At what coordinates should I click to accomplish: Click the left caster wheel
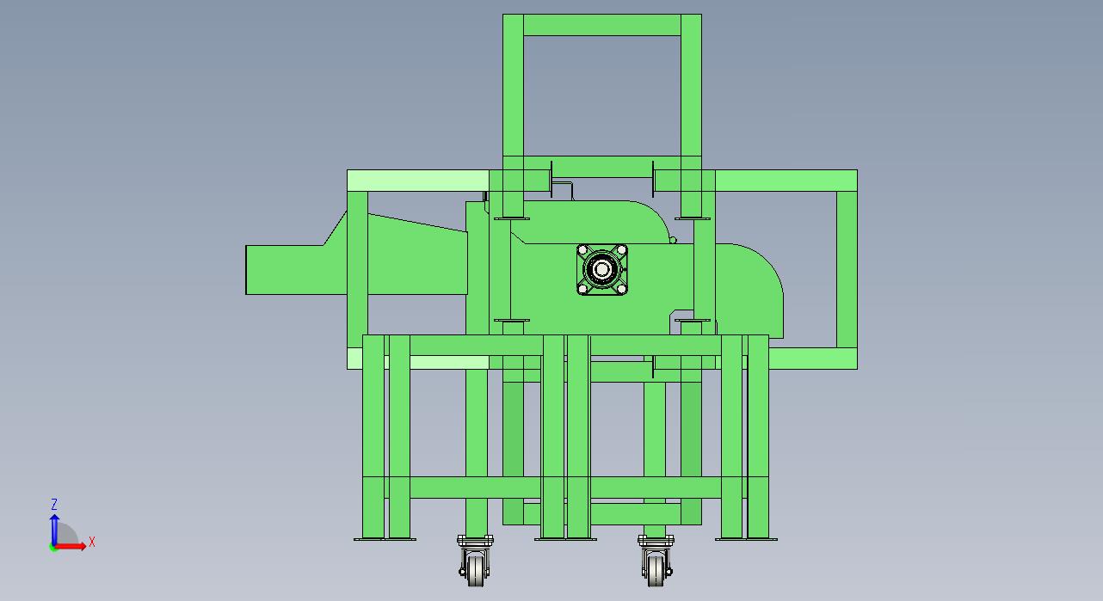475,570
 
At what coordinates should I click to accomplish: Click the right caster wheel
656,570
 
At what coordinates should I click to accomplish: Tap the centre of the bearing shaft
601,269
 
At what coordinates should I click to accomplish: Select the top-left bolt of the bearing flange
583,250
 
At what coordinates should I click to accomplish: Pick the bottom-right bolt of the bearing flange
621,288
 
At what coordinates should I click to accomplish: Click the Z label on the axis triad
54,504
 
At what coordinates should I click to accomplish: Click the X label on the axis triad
91,543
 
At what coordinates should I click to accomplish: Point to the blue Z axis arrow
54,530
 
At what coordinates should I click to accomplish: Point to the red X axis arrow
71,546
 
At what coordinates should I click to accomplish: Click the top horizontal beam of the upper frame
601,25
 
